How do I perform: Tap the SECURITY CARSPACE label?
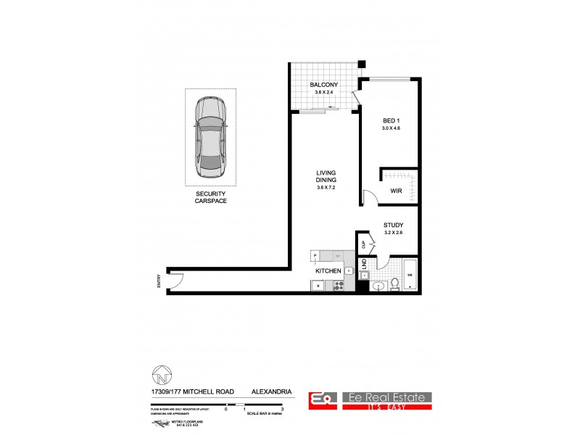coord(211,196)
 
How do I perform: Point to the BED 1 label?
coord(391,120)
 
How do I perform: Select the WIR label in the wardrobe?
coord(397,191)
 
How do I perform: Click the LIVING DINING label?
coord(325,176)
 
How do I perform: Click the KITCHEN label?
coord(327,271)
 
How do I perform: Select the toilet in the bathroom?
coord(394,282)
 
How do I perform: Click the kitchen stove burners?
coord(338,286)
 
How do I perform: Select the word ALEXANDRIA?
coord(272,391)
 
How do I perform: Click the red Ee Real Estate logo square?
coord(320,399)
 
